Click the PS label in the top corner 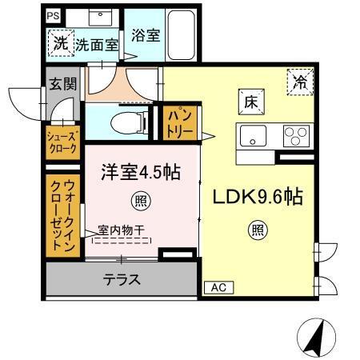tap(52, 15)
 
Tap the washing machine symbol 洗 tap(59, 43)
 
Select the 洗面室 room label tap(97, 46)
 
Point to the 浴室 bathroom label tap(146, 35)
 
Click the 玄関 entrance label tap(60, 84)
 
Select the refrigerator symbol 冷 tap(300, 81)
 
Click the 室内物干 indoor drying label tap(122, 230)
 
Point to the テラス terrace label tap(122, 280)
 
